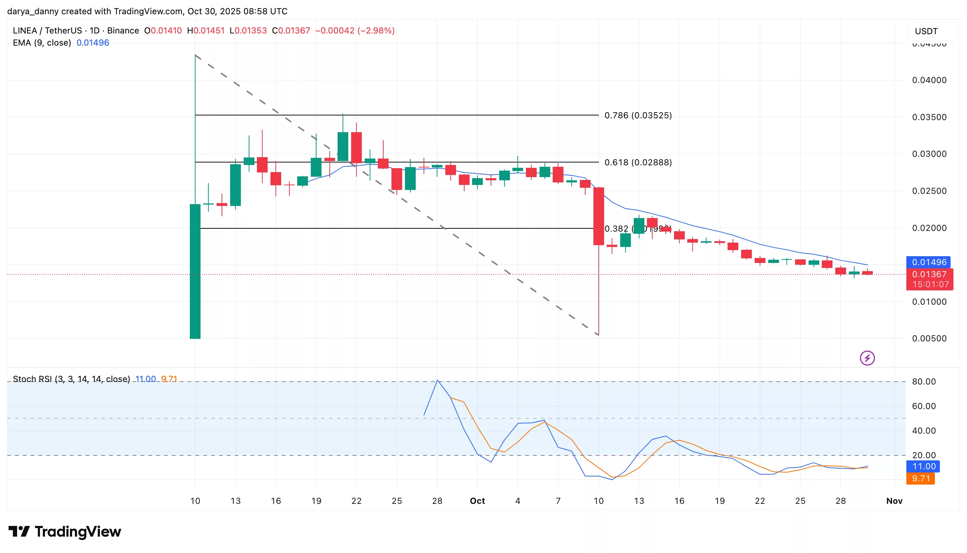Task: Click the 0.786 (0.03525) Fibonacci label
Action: (638, 115)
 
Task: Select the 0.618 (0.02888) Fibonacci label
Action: (638, 162)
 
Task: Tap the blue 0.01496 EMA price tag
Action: (928, 262)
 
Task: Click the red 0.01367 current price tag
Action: (929, 274)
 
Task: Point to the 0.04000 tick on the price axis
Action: (929, 80)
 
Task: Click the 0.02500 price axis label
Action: (929, 191)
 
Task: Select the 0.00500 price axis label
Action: (929, 338)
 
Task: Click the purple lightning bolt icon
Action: (867, 358)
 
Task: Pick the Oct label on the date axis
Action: (477, 501)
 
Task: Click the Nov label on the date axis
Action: (894, 501)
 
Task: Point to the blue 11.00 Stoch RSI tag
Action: (923, 466)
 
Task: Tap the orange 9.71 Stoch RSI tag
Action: (920, 479)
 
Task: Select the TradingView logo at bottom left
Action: (65, 531)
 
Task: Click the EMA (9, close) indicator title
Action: (42, 43)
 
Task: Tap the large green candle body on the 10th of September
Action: (195, 271)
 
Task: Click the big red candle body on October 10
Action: (598, 216)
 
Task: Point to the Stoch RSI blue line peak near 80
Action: (437, 380)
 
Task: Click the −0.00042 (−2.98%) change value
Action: (355, 31)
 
